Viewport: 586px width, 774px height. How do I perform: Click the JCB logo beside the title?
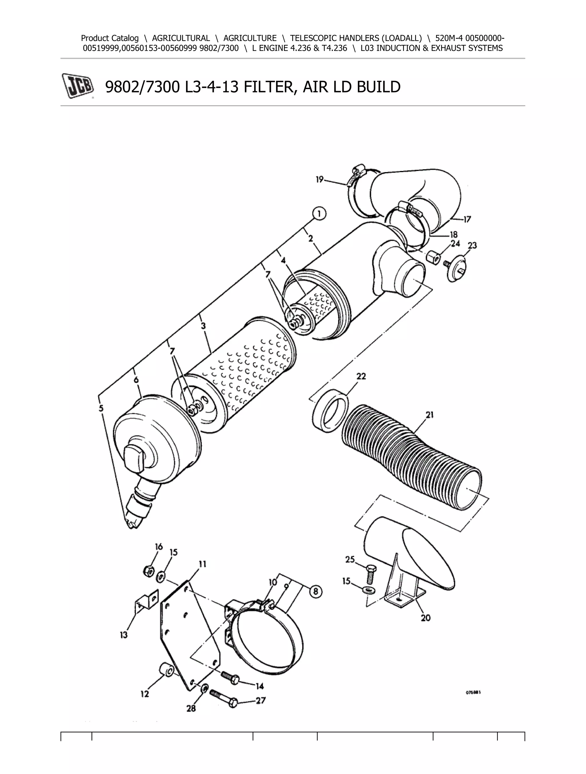[x=78, y=86]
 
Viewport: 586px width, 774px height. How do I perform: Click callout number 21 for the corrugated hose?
[x=430, y=415]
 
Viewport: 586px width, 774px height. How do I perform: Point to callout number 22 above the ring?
[x=361, y=376]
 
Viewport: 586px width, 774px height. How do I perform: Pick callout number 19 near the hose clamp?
[x=320, y=180]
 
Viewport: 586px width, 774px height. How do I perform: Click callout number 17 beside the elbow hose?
[x=467, y=219]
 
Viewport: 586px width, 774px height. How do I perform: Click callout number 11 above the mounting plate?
[x=203, y=564]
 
